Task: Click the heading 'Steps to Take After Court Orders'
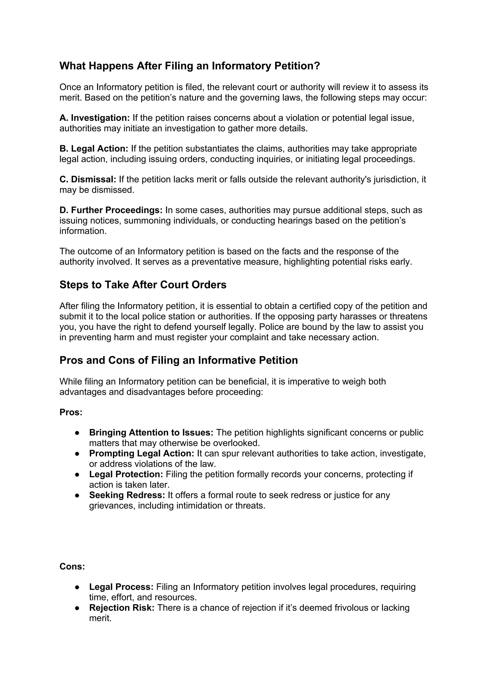pos(143,285)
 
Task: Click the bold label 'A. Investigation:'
pos(94,118)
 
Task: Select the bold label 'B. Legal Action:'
pos(94,149)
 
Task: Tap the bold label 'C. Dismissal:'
pos(88,179)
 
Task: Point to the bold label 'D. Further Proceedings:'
pos(111,210)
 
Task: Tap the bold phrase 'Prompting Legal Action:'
pos(141,453)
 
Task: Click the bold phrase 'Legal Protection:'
pos(126,474)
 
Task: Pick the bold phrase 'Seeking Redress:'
pos(127,495)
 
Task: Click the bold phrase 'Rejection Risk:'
pos(122,608)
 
